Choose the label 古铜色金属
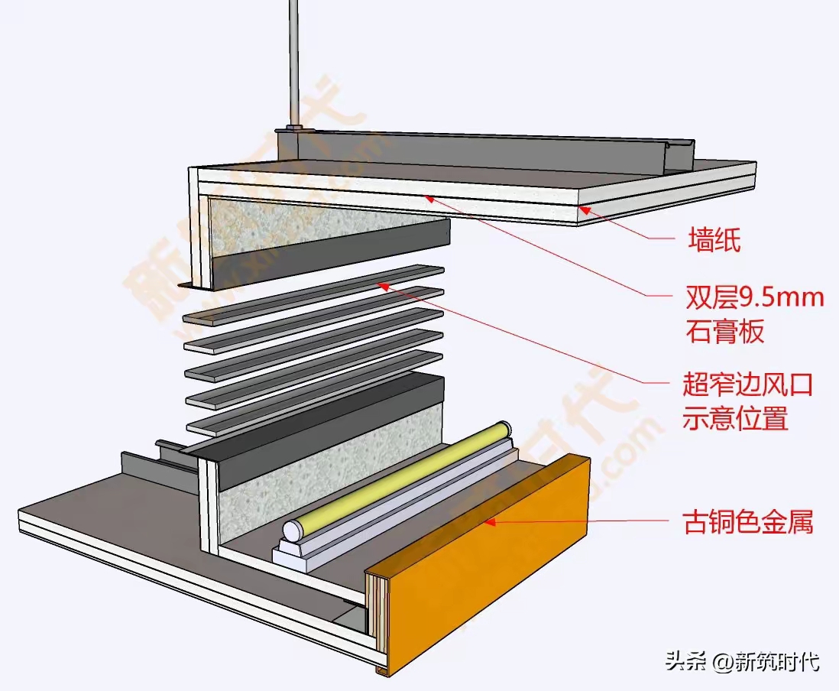(x=747, y=523)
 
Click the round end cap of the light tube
(x=292, y=530)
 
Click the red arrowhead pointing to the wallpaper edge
(x=583, y=207)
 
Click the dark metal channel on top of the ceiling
(x=489, y=150)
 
